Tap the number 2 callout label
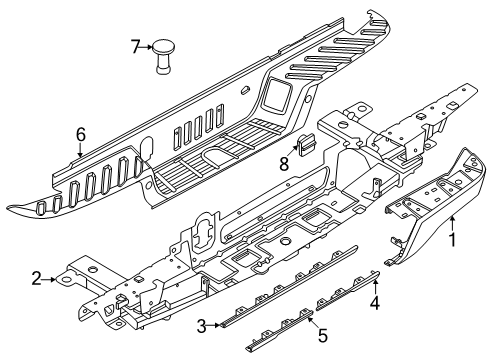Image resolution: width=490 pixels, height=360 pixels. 36,280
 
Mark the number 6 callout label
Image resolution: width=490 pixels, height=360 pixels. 80,134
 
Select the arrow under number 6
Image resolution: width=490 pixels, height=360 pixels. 80,152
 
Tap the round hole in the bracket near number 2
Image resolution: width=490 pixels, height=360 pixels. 75,281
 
